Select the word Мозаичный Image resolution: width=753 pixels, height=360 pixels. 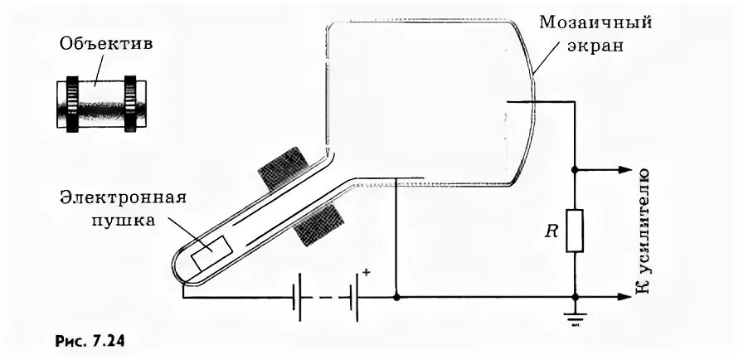click(x=595, y=21)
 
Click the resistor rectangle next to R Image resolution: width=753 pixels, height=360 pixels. click(x=575, y=230)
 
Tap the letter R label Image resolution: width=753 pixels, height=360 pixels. click(x=551, y=231)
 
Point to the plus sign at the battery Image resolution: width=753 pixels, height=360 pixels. click(x=367, y=271)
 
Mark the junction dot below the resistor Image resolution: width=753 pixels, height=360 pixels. click(x=575, y=296)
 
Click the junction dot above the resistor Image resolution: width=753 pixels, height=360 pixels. click(x=575, y=169)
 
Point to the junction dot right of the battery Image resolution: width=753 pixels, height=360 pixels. click(x=397, y=296)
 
